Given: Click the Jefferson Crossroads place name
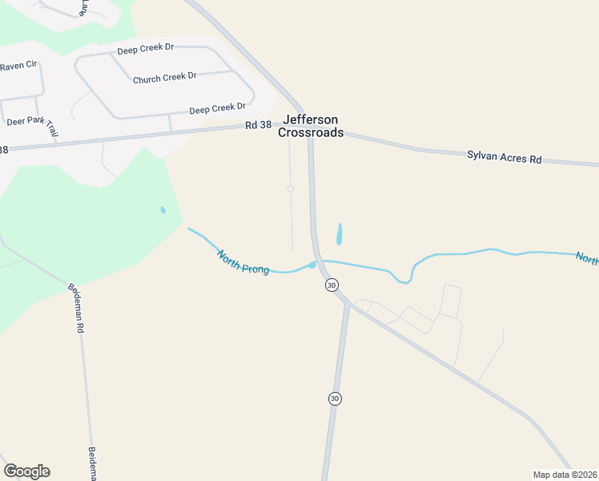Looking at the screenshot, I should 311,126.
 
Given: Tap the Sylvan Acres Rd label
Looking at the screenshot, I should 504,156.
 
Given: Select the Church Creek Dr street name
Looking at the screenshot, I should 164,79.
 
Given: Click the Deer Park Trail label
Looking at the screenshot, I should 33,123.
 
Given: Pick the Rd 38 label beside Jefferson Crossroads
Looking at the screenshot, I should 259,125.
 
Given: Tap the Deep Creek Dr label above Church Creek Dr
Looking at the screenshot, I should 145,49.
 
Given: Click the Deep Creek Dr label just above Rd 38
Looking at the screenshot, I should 217,108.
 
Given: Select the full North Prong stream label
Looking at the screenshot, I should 242,262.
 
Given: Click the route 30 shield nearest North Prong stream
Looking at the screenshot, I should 332,285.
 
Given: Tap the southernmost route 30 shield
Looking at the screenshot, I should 335,398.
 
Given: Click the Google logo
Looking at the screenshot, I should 26,471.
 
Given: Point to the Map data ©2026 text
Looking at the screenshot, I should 565,474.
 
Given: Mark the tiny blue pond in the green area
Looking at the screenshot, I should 163,210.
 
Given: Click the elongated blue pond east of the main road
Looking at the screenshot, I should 340,233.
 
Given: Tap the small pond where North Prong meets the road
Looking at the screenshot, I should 312,265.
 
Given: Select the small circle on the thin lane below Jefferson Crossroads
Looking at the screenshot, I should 291,189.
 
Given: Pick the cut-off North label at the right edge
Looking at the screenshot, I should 587,258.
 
